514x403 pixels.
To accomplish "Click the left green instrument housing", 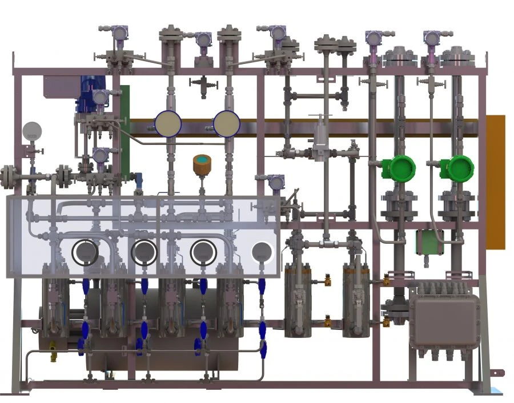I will (399, 167).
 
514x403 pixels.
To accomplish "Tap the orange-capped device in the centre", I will (202, 163).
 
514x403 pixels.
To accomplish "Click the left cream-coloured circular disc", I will (168, 123).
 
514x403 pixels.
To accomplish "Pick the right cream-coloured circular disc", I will (227, 123).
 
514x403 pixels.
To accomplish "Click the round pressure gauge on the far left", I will (32, 132).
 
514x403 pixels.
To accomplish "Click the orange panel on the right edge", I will (495, 182).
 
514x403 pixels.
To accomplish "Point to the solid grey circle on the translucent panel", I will (262, 251).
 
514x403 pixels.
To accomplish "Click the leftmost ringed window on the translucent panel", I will (85, 252).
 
